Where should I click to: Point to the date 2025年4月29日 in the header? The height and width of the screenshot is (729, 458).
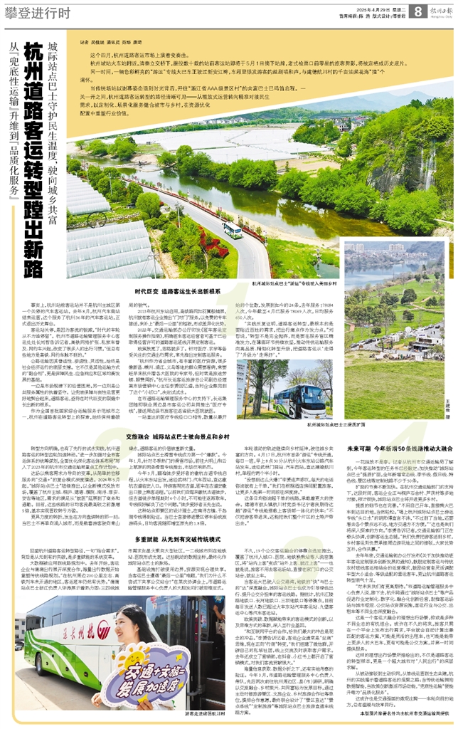pos(363,6)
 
